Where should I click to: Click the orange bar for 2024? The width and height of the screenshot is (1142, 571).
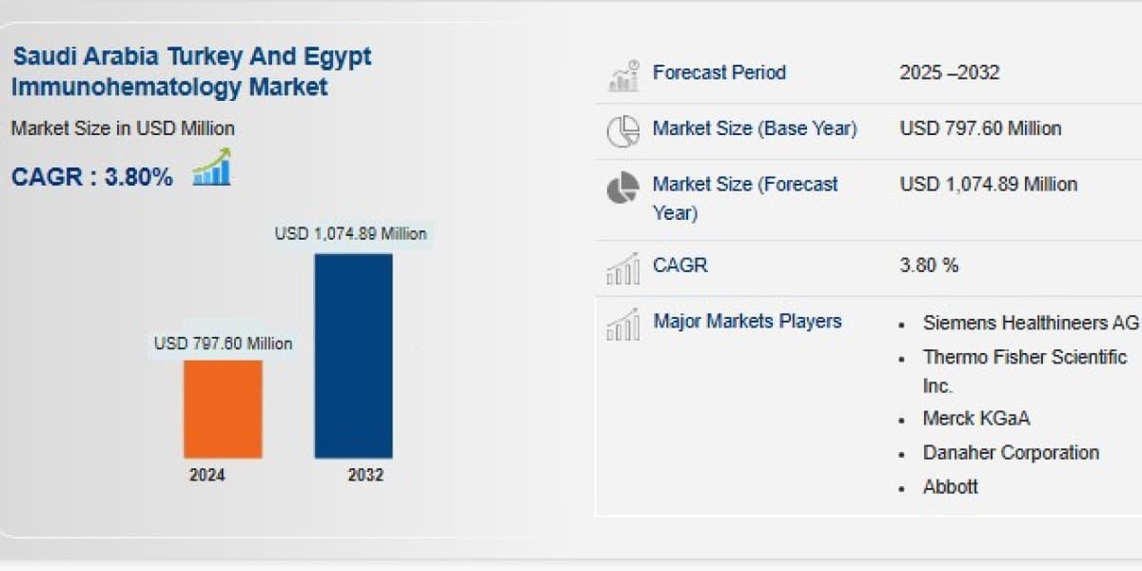(224, 409)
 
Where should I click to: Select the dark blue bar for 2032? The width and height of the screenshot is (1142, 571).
(353, 356)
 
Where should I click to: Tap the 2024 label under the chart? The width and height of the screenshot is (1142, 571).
(207, 475)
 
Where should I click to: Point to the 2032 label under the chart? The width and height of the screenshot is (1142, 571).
(365, 475)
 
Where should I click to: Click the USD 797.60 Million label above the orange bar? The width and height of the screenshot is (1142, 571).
(224, 344)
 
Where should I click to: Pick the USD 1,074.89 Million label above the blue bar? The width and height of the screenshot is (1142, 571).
(351, 234)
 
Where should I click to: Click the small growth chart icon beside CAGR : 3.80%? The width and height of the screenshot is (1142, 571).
(212, 167)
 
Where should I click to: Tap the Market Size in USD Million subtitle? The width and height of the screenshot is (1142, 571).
(123, 128)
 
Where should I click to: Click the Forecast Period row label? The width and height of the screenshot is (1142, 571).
(719, 72)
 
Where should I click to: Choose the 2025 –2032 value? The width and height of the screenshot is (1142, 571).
(950, 72)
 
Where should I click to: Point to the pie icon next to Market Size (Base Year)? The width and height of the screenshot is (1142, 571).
(623, 131)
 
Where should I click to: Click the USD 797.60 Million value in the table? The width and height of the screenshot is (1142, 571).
(981, 128)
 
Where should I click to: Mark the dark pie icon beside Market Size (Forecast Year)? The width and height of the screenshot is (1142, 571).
(622, 187)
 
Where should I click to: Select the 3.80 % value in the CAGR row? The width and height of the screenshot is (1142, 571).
(929, 266)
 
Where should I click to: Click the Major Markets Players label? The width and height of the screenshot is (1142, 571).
(747, 322)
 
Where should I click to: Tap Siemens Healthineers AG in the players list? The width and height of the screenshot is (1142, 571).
(1031, 323)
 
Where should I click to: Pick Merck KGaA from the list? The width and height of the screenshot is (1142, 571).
(976, 419)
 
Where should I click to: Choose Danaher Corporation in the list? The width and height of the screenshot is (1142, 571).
(1011, 453)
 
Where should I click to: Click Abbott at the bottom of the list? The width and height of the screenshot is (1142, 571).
(951, 487)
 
